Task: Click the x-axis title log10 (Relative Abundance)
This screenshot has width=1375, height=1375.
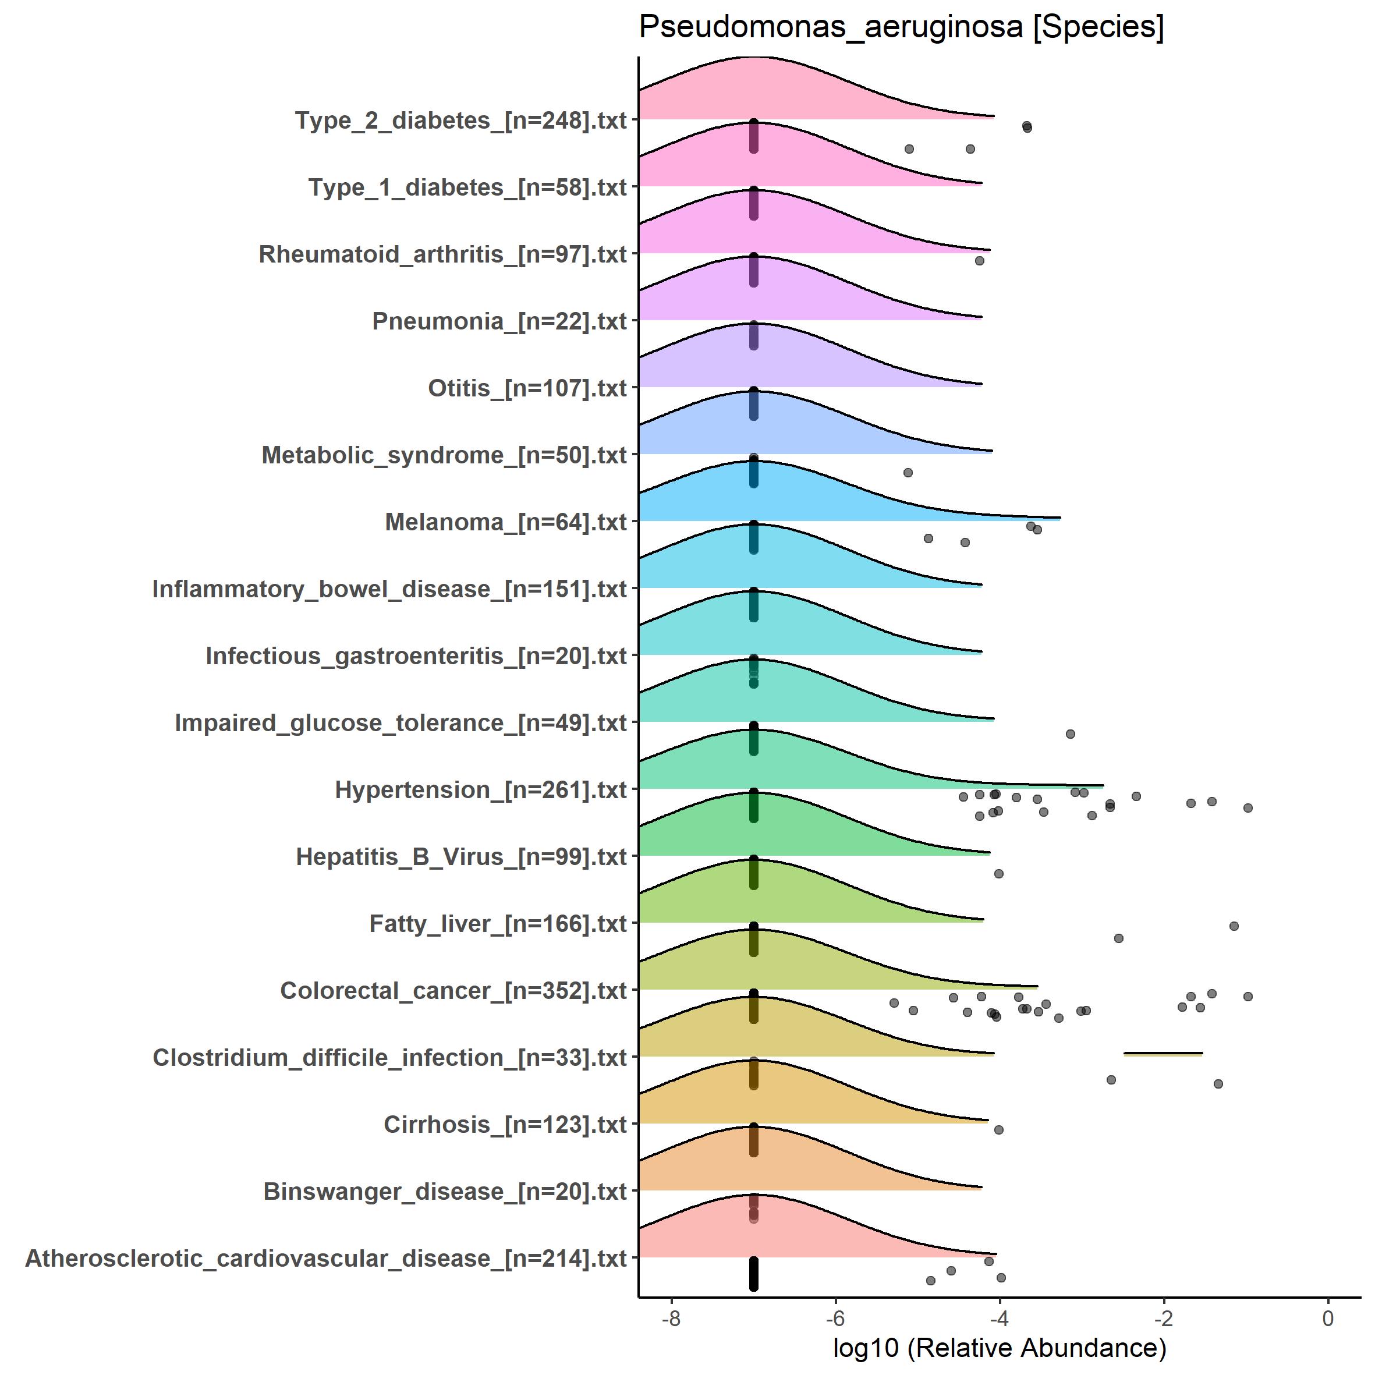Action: pos(999,1347)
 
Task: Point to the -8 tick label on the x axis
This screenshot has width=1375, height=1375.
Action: pos(671,1319)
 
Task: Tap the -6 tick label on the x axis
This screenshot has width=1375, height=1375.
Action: pos(835,1319)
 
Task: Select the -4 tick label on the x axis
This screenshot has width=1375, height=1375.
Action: pos(999,1319)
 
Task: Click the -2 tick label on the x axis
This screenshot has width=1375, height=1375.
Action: pos(1164,1319)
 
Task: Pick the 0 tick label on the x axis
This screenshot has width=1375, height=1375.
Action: pos(1327,1319)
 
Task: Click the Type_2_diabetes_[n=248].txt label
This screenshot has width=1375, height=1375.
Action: pos(460,121)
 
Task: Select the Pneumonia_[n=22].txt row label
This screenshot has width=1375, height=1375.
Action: pos(499,321)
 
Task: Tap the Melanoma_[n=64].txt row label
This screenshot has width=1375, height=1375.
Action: pos(505,522)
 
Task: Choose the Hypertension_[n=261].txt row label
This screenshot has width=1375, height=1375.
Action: pos(480,789)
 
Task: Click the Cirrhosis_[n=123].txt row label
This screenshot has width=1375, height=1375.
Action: pos(505,1125)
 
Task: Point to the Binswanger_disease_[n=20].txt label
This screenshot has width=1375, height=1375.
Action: pos(445,1192)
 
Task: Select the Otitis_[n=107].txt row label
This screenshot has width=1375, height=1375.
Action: pos(527,388)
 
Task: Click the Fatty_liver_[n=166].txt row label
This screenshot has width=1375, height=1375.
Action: pos(498,924)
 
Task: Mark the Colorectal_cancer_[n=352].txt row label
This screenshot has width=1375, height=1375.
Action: pos(453,991)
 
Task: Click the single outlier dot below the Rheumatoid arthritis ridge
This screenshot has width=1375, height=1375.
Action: pos(979,260)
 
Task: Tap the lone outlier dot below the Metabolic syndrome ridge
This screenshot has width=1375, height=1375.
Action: pos(908,473)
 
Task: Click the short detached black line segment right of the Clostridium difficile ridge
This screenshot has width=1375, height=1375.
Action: pos(1163,1052)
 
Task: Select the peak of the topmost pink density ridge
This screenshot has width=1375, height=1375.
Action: pos(754,57)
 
